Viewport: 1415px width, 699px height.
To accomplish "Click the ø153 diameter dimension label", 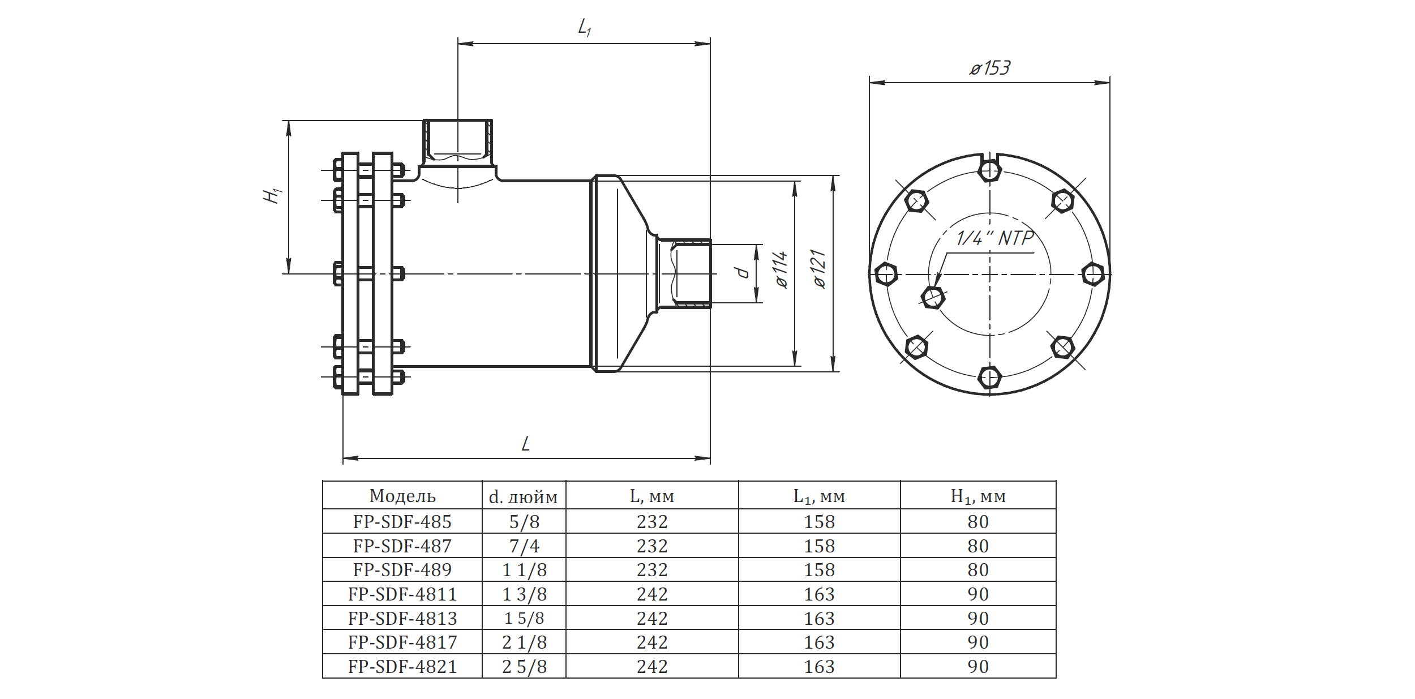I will (989, 68).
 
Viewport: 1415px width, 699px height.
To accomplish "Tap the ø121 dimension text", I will (818, 269).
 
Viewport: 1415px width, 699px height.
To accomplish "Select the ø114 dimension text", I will (781, 270).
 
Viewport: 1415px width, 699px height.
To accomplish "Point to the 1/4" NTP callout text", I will (994, 238).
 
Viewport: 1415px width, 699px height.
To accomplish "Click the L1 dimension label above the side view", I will (584, 27).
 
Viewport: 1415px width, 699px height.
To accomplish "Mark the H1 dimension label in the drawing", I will (273, 195).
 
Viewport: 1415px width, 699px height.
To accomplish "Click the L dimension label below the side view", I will (526, 444).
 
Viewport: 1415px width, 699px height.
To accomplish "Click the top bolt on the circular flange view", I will (989, 170).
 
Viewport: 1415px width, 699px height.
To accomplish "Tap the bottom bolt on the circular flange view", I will (989, 378).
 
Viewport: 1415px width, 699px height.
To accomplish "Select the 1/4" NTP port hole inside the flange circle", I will (933, 296).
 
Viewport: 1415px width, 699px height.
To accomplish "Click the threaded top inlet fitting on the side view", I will (458, 139).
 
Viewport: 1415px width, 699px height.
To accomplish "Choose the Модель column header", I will (402, 496).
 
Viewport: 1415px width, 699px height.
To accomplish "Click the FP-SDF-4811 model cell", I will (402, 594).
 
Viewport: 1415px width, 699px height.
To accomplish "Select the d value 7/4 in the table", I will (524, 546).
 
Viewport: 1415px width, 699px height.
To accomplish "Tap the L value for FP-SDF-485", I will (652, 522).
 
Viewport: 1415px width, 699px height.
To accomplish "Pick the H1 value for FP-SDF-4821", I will (978, 667).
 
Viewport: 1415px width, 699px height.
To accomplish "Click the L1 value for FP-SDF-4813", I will (819, 619).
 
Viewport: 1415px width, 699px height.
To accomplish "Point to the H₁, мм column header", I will (978, 496).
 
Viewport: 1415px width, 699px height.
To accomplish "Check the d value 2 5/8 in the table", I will (524, 667).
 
